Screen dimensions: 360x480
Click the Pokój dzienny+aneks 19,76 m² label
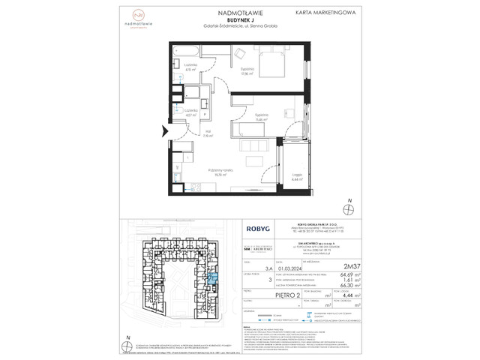(223, 169)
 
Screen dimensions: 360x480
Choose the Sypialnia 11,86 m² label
(262, 118)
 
